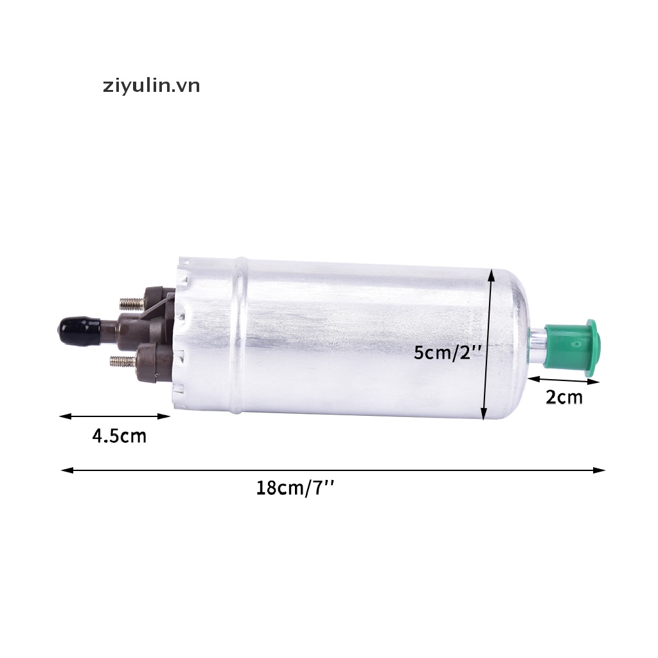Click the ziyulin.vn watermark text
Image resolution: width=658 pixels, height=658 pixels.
click(x=152, y=87)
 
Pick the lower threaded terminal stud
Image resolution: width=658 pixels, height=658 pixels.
click(x=123, y=360)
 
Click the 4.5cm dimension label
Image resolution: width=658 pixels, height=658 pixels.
click(x=119, y=436)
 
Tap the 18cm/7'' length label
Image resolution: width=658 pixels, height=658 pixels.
click(x=295, y=488)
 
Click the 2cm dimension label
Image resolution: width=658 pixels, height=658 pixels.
click(x=564, y=397)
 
